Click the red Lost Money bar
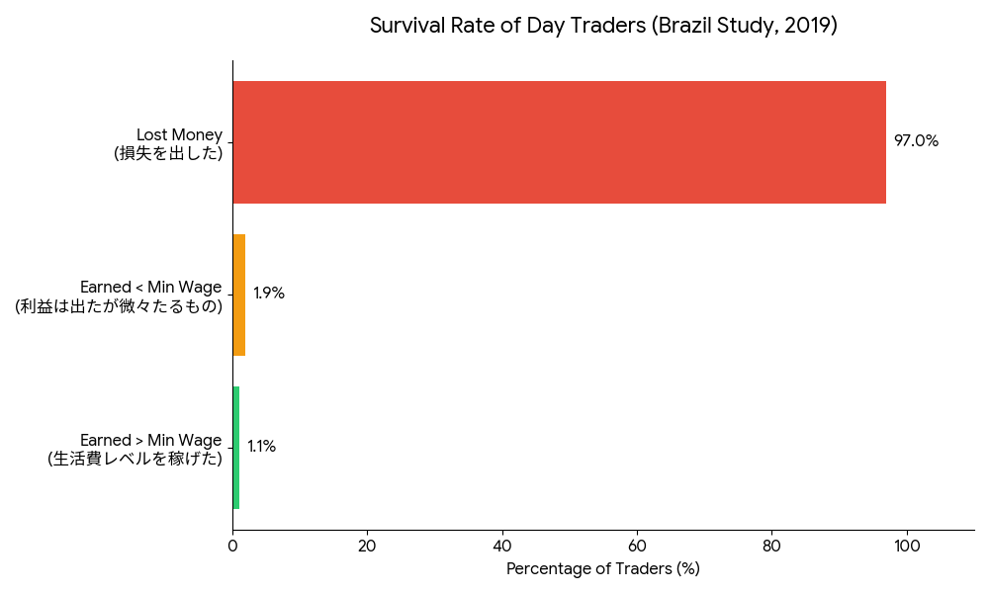pyautogui.click(x=559, y=142)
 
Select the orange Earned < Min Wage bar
pyautogui.click(x=238, y=295)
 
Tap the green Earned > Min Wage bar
pyautogui.click(x=235, y=448)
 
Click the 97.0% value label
pyautogui.click(x=916, y=141)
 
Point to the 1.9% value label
pyautogui.click(x=269, y=294)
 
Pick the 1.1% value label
pyautogui.click(x=262, y=447)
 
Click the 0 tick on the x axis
pyautogui.click(x=232, y=545)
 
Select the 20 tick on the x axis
pyautogui.click(x=367, y=545)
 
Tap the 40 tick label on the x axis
pyautogui.click(x=502, y=545)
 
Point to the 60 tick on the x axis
pyautogui.click(x=637, y=545)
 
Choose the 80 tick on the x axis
pyautogui.click(x=771, y=545)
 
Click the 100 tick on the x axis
pyautogui.click(x=906, y=545)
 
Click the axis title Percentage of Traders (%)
pyautogui.click(x=602, y=569)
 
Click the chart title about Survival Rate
pyautogui.click(x=603, y=26)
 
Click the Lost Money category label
pyautogui.click(x=179, y=134)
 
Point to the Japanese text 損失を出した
pyautogui.click(x=168, y=153)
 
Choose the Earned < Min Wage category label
pyautogui.click(x=150, y=287)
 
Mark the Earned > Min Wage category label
pyautogui.click(x=150, y=440)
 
